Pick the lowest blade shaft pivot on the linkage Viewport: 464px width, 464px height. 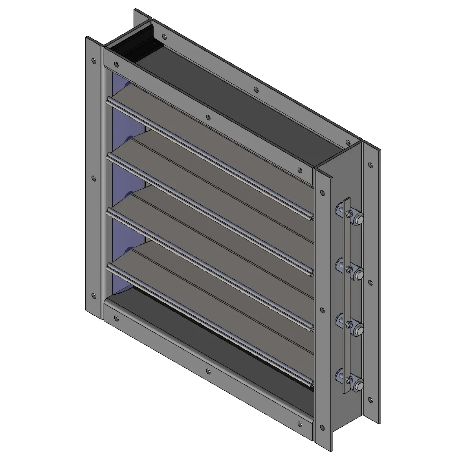(358, 384)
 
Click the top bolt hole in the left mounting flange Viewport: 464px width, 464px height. (93, 61)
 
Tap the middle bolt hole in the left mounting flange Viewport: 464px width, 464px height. (94, 178)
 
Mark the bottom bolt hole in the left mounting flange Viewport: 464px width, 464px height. (94, 295)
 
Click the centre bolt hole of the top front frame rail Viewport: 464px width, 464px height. (208, 117)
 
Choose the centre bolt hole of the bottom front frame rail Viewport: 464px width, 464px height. (208, 371)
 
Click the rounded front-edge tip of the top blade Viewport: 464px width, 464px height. (311, 216)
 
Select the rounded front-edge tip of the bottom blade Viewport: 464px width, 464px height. (311, 382)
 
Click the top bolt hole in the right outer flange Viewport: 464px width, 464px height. (370, 165)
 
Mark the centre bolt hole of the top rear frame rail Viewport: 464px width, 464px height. (256, 90)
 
